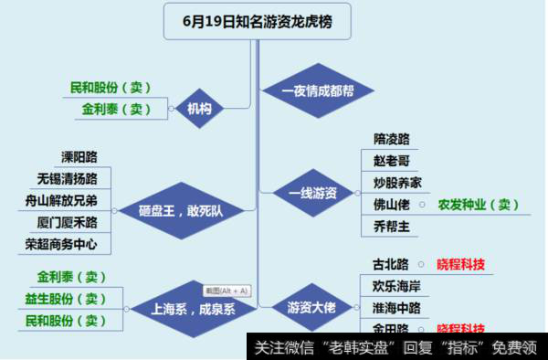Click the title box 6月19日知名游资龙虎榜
coord(257,22)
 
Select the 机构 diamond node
coord(199,109)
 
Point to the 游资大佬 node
coord(311,308)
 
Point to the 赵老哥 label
coord(391,160)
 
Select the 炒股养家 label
coord(397,182)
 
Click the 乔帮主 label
coord(391,226)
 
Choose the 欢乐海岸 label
coord(397,285)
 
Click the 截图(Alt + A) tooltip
coord(226,291)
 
